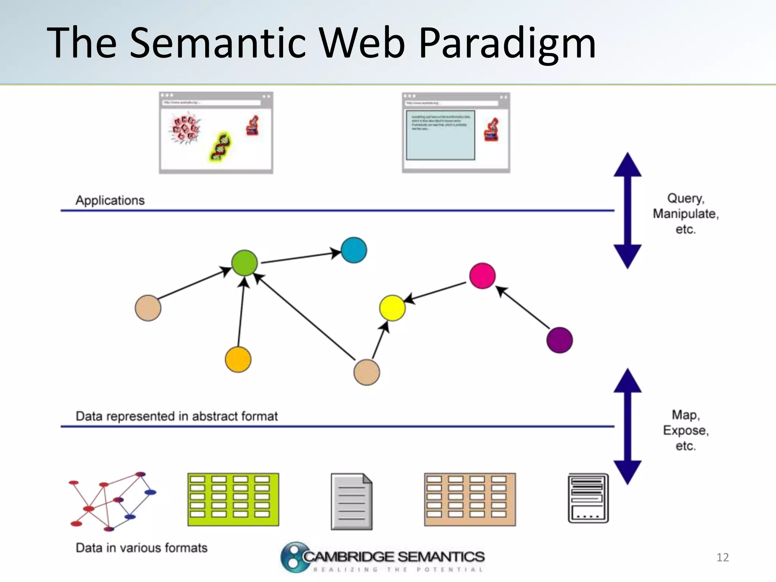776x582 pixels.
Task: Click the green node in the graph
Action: coord(244,263)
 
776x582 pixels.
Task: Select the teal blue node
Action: coord(354,250)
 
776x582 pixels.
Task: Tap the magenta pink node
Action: coord(482,275)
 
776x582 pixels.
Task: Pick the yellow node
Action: coord(392,308)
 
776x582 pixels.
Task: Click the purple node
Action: coord(559,340)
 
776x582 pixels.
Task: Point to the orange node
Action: coord(238,359)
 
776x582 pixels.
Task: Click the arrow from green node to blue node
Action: coord(299,257)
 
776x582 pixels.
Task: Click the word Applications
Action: coord(110,200)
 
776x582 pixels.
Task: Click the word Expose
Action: coord(685,430)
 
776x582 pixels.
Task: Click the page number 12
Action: coord(722,557)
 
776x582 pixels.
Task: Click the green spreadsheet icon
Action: coord(233,499)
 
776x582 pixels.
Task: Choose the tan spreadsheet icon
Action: coord(469,499)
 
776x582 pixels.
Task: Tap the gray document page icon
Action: coord(351,501)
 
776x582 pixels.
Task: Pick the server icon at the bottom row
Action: coord(588,498)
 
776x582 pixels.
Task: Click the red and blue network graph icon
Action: coord(112,501)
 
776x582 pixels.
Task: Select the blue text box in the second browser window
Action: coord(440,135)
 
